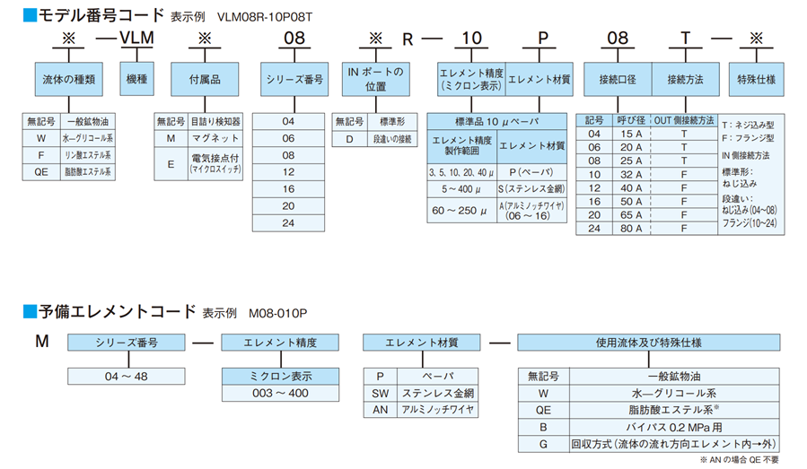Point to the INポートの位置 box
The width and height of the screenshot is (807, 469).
(x=376, y=79)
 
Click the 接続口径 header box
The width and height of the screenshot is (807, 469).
(x=617, y=79)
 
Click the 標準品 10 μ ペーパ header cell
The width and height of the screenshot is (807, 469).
(x=499, y=120)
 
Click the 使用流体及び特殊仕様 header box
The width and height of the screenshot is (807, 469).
(x=648, y=342)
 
